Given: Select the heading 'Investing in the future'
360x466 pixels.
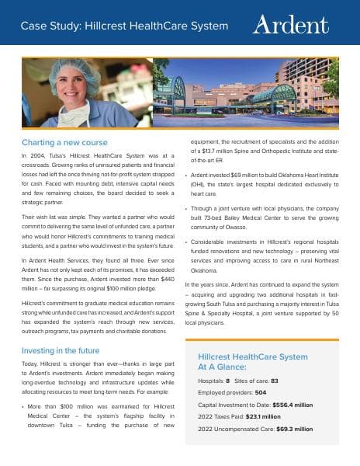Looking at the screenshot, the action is pyautogui.click(x=64, y=350).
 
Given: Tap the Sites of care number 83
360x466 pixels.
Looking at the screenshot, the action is pyautogui.click(x=275, y=381).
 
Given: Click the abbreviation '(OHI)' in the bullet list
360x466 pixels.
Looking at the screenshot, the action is pyautogui.click(x=200, y=185).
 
